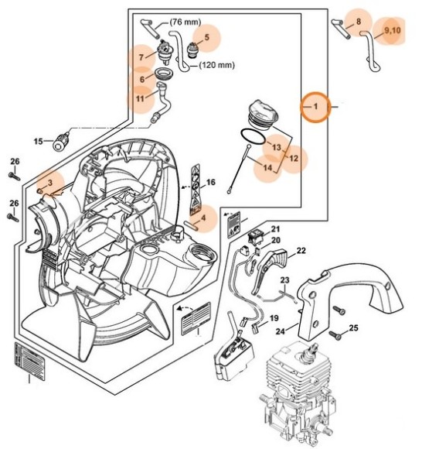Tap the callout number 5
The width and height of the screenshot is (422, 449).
click(x=207, y=37)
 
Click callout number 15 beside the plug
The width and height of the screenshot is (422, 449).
click(x=38, y=142)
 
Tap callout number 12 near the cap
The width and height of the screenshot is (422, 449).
click(x=293, y=158)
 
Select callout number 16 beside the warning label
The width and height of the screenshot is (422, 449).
click(x=209, y=184)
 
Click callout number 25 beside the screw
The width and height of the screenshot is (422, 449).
click(x=354, y=328)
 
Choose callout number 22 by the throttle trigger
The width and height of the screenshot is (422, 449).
click(x=301, y=251)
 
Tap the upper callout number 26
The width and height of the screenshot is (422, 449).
click(x=14, y=161)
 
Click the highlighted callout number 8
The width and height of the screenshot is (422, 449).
click(x=358, y=21)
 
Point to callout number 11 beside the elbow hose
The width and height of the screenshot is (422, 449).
click(x=140, y=98)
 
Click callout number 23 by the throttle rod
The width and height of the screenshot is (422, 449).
click(x=284, y=280)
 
